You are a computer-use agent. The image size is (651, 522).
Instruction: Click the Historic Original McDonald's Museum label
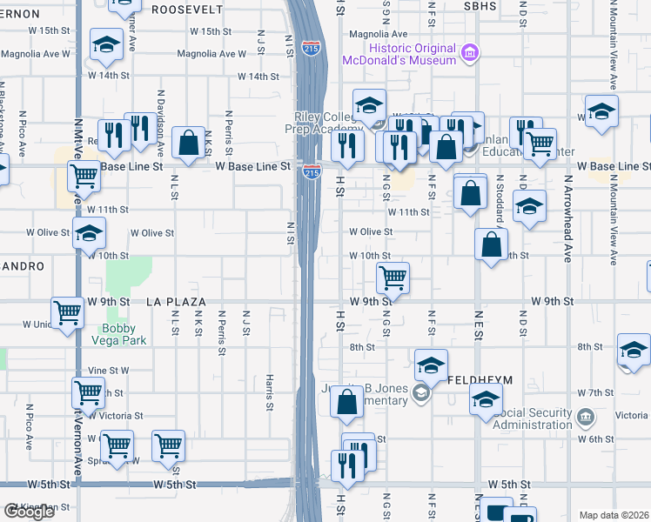(412, 54)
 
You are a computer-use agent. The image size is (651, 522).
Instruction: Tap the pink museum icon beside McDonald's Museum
(471, 54)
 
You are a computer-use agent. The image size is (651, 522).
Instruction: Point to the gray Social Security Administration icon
(587, 417)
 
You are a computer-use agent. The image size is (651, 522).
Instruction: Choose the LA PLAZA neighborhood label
(176, 302)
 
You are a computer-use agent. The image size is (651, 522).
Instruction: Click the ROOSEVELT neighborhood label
(189, 10)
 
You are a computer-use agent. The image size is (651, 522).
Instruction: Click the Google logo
(29, 512)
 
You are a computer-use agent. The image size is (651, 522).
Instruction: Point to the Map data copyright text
(614, 515)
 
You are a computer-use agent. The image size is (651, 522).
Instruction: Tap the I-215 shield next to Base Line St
(311, 172)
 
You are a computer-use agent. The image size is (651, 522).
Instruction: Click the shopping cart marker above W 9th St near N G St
(393, 278)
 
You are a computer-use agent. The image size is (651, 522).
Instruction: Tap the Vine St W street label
(113, 370)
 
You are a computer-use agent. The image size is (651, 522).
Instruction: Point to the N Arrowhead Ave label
(567, 217)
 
